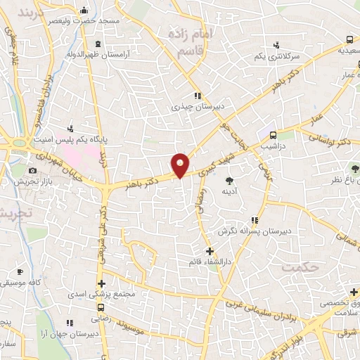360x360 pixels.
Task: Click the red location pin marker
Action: coord(181,165)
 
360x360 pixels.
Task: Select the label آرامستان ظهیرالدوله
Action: coord(77,53)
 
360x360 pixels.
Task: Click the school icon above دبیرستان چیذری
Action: coord(198,96)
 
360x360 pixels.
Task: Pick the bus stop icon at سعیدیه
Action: coord(349,39)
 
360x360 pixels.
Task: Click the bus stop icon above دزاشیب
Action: coord(274,134)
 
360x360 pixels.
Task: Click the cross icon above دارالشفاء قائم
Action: coord(209,250)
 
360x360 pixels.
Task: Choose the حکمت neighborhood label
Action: coord(299,267)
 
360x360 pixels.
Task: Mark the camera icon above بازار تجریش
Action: coord(32,171)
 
